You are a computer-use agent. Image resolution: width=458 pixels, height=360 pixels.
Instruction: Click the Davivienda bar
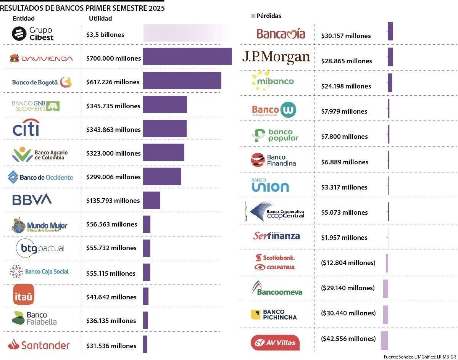[187, 57]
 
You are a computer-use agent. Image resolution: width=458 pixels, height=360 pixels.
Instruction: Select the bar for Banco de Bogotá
[182, 80]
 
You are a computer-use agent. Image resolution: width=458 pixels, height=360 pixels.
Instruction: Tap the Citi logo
[26, 128]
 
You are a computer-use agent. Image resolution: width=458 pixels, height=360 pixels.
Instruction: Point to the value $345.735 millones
[113, 106]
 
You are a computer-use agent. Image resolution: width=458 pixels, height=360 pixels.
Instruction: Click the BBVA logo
[32, 199]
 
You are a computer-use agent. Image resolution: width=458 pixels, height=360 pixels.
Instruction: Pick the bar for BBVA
[152, 200]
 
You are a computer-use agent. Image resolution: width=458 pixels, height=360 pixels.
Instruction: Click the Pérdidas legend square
[253, 16]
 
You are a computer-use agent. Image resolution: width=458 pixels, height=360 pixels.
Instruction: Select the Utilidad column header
[100, 18]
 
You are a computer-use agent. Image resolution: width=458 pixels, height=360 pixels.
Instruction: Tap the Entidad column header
[24, 18]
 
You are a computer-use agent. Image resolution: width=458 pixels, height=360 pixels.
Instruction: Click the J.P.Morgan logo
[276, 57]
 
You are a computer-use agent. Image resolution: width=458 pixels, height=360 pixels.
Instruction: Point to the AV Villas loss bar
[384, 341]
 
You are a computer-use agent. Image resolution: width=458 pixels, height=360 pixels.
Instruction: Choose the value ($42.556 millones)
[348, 339]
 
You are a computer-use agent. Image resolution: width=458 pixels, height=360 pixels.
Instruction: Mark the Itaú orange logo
[24, 294]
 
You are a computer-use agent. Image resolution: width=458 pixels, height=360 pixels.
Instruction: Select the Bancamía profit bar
[390, 31]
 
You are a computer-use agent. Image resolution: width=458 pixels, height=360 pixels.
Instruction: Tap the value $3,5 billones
[105, 35]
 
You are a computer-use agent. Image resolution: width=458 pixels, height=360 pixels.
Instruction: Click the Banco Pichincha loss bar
[385, 315]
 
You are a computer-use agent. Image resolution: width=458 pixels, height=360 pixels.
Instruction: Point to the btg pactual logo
[40, 249]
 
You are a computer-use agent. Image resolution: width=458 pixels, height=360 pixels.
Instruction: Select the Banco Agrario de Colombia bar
[163, 153]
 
